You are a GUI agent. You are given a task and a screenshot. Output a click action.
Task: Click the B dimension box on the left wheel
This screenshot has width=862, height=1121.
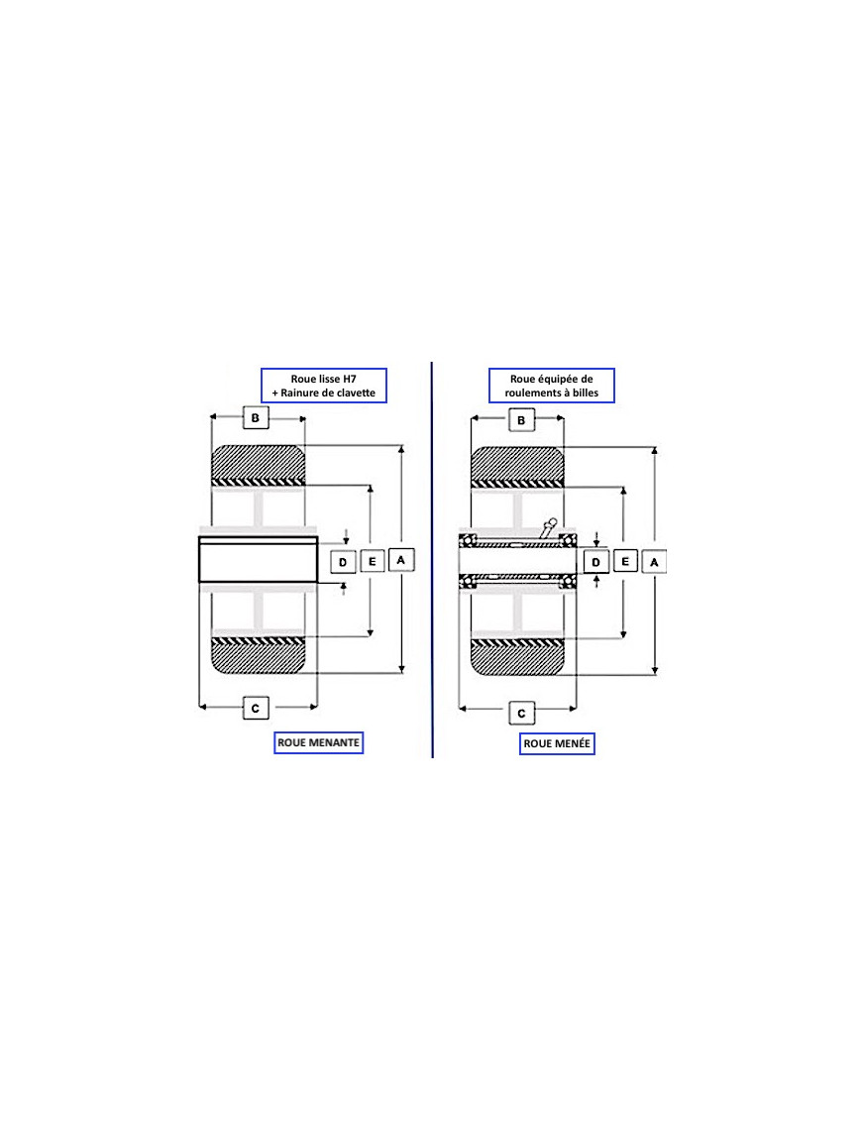[x=256, y=417]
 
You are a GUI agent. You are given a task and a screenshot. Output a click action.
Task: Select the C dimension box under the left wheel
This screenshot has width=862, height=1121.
[x=256, y=708]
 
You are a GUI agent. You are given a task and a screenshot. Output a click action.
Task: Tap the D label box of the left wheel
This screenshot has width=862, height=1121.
[x=343, y=562]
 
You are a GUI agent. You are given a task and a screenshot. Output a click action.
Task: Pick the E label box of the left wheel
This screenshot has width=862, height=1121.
[x=372, y=561]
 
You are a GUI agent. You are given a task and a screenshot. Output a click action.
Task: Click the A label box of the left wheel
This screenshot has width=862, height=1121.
[x=401, y=560]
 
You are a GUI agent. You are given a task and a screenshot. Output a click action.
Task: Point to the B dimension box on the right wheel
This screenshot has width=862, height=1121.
[x=521, y=419]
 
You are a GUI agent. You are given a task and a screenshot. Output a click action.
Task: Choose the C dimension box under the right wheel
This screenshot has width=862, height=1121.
[x=521, y=713]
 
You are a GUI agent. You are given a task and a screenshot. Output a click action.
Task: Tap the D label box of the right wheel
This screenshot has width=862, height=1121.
[x=596, y=562]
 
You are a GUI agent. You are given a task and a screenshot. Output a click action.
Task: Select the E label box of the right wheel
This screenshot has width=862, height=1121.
[x=625, y=561]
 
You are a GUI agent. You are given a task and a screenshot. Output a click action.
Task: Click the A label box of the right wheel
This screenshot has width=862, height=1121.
[x=654, y=562]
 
